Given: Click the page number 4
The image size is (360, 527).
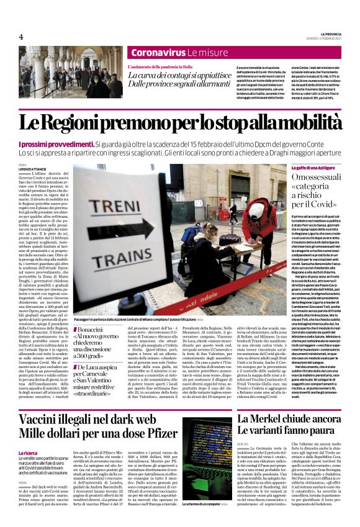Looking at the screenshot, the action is coord(20,37).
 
